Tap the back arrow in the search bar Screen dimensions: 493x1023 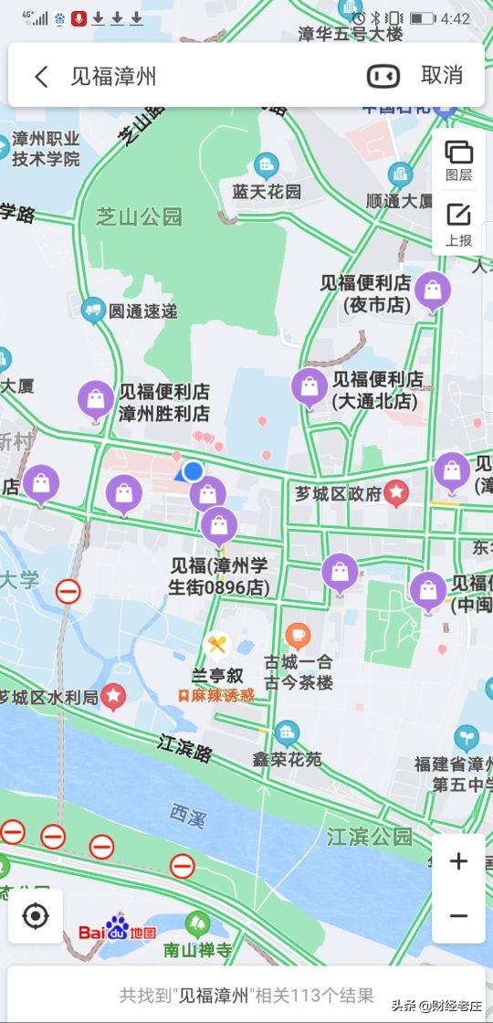pos(41,76)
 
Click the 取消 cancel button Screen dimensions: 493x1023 pos(442,76)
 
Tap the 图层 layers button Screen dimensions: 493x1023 pos(458,159)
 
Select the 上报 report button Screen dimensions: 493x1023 pos(458,224)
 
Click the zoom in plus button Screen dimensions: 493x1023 pos(458,861)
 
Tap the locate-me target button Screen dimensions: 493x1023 pos(36,915)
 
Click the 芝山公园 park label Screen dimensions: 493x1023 pos(139,216)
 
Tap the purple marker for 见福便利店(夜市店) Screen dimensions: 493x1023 pos(433,291)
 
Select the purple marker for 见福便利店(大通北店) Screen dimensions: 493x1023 pos(309,387)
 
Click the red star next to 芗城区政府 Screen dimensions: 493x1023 pos(396,493)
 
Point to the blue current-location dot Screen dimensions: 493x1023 pos(193,471)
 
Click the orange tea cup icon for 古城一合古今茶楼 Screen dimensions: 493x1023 pos(298,635)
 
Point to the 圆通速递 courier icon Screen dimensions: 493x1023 pos(92,311)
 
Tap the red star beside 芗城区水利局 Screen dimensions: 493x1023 pos(113,697)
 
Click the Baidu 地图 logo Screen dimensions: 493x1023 pos(117,932)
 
